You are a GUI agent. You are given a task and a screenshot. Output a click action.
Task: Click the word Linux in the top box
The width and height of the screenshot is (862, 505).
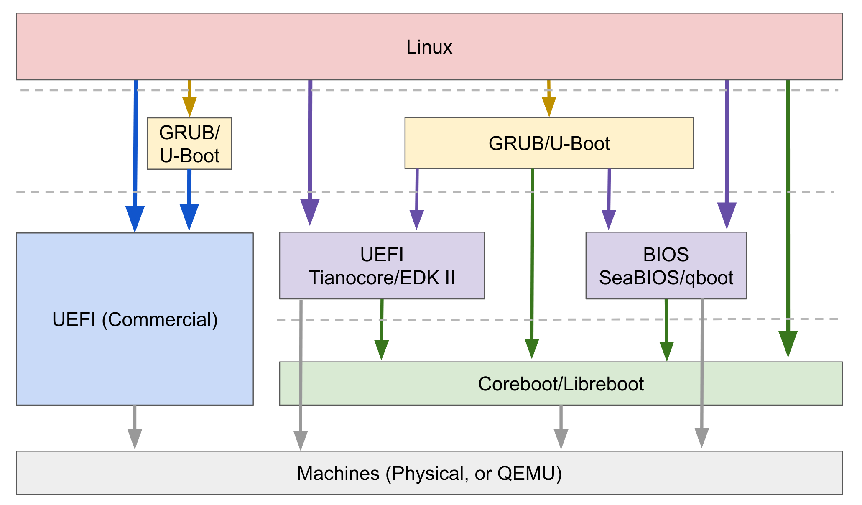pyautogui.click(x=429, y=47)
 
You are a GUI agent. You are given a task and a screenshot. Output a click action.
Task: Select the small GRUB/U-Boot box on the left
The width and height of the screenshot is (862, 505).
pyautogui.click(x=189, y=143)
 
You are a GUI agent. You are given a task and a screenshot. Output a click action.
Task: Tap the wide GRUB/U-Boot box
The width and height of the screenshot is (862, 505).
pyautogui.click(x=548, y=143)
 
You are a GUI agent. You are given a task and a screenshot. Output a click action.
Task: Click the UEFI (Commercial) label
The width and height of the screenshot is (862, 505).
pyautogui.click(x=135, y=319)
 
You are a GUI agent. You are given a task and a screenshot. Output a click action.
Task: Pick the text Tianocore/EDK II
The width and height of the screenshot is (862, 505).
pyautogui.click(x=381, y=278)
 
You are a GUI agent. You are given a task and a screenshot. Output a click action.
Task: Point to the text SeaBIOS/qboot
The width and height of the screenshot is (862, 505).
pyautogui.click(x=666, y=278)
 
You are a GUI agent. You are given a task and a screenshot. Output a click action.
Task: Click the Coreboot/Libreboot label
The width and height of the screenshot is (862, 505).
pyautogui.click(x=561, y=384)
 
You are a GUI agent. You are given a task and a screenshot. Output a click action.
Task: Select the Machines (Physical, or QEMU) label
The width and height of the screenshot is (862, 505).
pyautogui.click(x=429, y=473)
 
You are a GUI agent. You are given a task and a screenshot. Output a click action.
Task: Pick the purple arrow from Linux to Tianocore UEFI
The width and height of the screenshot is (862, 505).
pyautogui.click(x=310, y=150)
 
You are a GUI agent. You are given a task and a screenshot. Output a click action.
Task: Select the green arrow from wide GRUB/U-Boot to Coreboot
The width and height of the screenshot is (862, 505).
pyautogui.click(x=532, y=259)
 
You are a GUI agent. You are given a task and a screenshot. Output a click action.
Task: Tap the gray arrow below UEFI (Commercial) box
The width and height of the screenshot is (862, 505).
pyautogui.click(x=135, y=426)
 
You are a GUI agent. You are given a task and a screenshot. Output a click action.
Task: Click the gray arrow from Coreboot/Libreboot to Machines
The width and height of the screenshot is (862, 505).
pyautogui.click(x=561, y=426)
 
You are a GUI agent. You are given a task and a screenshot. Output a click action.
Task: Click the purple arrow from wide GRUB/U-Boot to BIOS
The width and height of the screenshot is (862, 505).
pyautogui.click(x=609, y=196)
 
